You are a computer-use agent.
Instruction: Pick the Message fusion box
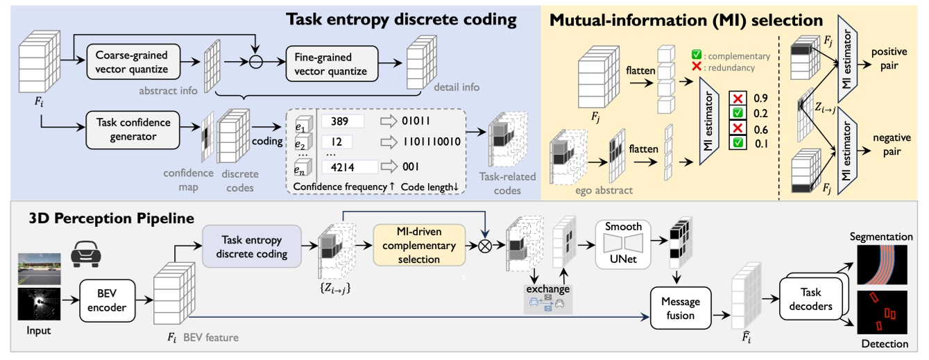pos(680,309)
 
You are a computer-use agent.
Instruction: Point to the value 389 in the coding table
pos(340,121)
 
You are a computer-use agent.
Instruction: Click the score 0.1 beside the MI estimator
pos(760,143)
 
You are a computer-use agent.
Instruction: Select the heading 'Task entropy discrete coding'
pos(402,19)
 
